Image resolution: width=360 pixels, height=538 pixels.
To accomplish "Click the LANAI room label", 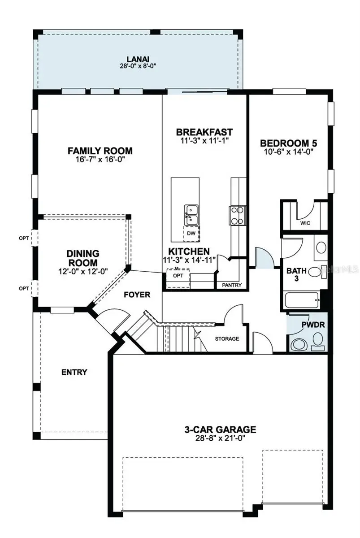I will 138,59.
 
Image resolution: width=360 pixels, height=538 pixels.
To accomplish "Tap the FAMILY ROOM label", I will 100,151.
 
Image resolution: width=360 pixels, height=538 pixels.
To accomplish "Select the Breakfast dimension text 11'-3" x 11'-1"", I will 204,141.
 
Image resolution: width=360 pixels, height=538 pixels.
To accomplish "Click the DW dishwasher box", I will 191,233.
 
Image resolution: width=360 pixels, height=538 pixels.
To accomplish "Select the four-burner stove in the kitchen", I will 238,215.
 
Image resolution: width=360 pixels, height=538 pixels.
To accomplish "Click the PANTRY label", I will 231,285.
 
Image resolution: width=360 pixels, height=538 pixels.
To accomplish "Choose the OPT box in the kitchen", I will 178,275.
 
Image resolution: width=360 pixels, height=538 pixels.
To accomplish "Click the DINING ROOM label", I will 82,258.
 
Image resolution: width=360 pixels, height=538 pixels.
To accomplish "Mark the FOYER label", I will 137,295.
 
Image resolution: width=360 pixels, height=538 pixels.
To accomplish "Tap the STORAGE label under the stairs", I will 227,338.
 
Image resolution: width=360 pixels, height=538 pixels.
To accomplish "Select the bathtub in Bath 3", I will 301,299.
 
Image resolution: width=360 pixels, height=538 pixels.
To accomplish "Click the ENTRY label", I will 74,372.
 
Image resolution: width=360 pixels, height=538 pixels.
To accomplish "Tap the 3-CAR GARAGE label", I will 220,430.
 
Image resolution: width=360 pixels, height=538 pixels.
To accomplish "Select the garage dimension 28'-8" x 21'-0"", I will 220,438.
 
